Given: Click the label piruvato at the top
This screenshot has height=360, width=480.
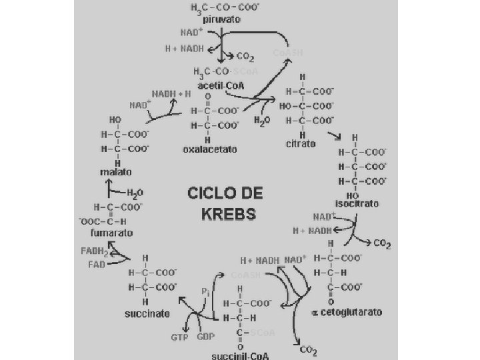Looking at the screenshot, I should [223, 19].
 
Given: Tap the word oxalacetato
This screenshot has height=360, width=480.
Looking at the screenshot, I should [210, 149].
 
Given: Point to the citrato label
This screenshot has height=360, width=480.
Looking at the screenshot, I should [301, 144].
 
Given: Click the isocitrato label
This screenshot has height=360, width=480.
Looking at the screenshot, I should [357, 203].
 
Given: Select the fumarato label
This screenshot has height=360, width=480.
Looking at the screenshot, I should [112, 233].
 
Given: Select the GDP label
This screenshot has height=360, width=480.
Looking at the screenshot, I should [205, 337].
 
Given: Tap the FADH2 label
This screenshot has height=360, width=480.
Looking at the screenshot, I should [94, 251].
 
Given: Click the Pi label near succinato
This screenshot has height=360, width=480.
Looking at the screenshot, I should [206, 291].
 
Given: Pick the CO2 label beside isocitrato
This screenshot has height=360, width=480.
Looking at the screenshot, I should [381, 244].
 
